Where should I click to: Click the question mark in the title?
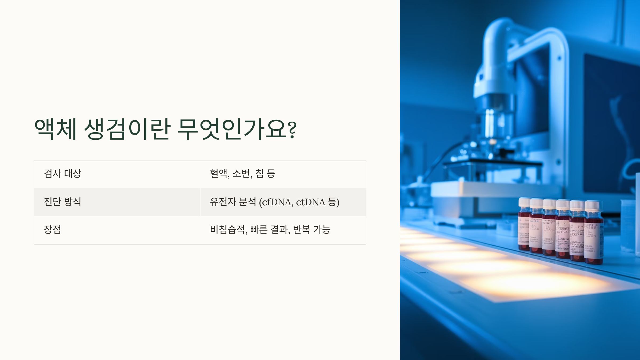pyautogui.click(x=292, y=130)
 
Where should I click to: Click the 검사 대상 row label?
pyautogui.click(x=62, y=174)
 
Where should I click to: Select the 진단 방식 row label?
pyautogui.click(x=62, y=202)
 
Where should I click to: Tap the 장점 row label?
pyautogui.click(x=53, y=229)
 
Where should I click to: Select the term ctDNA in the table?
pyautogui.click(x=310, y=202)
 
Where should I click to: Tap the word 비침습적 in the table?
pyautogui.click(x=227, y=229)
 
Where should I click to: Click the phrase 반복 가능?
pyautogui.click(x=312, y=229)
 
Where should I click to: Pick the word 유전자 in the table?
pyautogui.click(x=223, y=202)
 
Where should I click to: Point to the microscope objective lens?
pyautogui.click(x=492, y=125)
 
